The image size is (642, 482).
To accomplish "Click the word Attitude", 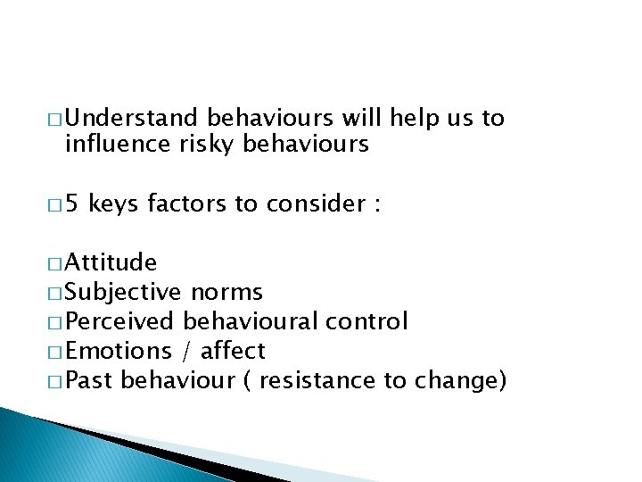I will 111,262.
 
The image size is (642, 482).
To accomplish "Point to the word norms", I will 226,292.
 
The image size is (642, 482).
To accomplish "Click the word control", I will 366,321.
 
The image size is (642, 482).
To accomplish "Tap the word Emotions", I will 119,351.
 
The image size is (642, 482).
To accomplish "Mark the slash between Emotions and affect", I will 187,351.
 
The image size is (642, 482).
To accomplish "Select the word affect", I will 234,351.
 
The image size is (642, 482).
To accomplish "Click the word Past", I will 89,380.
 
